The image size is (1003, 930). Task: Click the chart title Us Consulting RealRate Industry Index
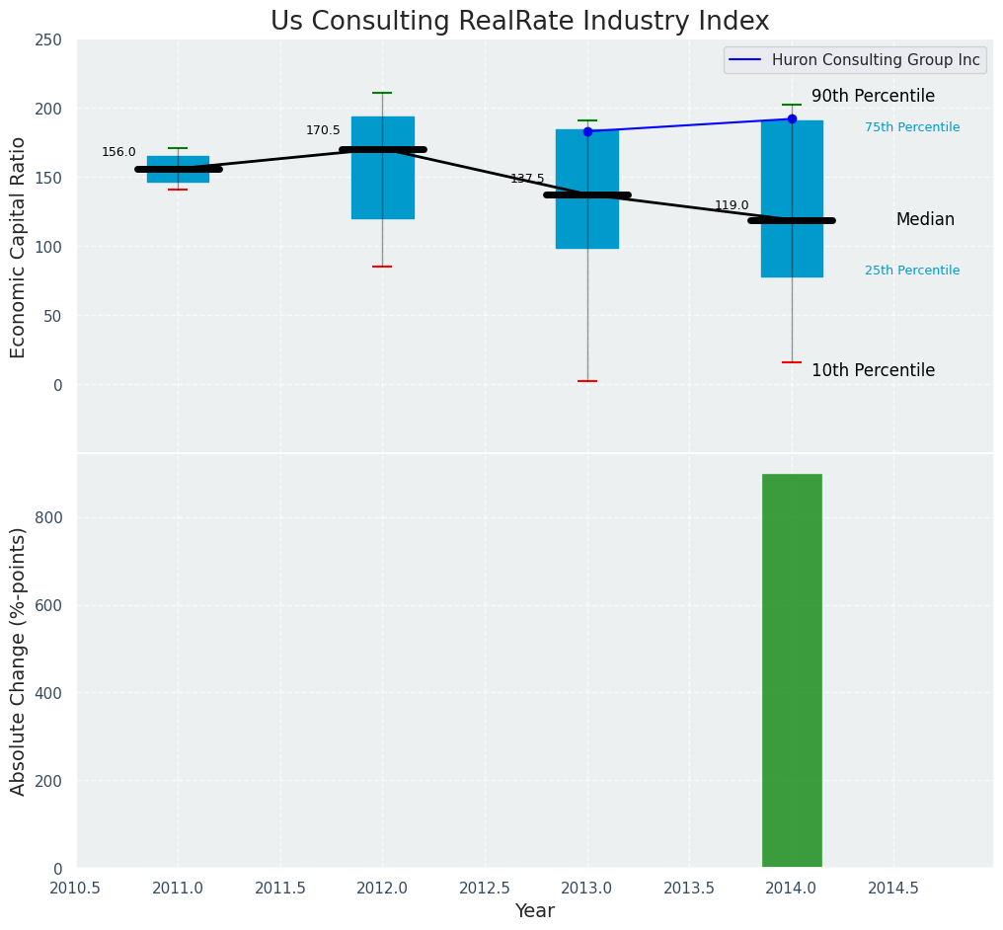pos(519,22)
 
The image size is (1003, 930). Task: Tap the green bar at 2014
pos(792,670)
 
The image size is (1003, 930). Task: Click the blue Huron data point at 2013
pos(587,131)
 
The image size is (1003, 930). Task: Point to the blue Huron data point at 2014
pos(792,118)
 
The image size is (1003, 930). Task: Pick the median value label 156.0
pos(118,152)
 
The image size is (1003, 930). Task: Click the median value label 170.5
pos(323,130)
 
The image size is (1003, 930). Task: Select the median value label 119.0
pos(732,206)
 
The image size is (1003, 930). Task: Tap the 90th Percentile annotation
pos(873,97)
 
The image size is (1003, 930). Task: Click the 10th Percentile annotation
pos(873,371)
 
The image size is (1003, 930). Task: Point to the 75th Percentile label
pos(912,127)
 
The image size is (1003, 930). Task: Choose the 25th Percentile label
pos(912,271)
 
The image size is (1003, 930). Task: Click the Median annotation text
pos(925,220)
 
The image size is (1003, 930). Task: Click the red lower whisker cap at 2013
pos(587,381)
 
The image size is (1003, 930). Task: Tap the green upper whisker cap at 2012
pos(382,93)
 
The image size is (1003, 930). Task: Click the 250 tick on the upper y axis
pos(48,40)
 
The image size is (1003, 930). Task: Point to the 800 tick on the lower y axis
pos(48,517)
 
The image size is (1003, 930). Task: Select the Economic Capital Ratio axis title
pos(19,247)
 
